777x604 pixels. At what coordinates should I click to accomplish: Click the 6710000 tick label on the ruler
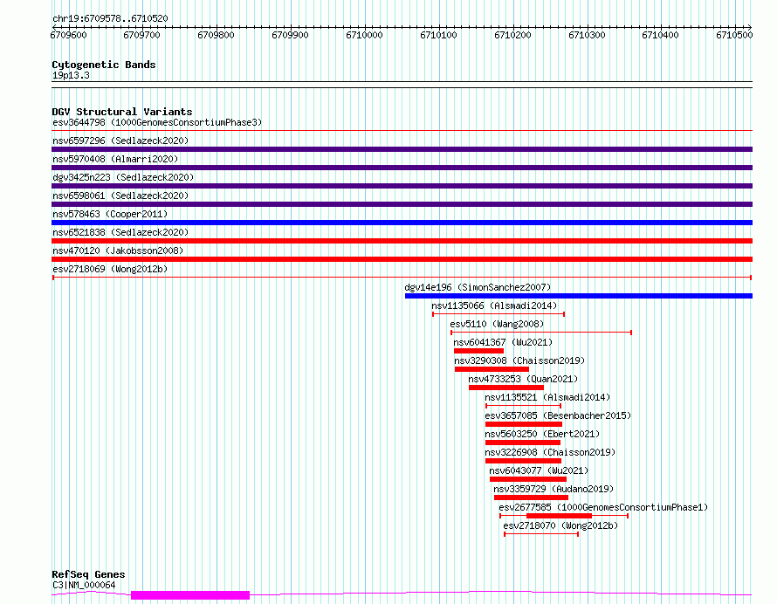[364, 35]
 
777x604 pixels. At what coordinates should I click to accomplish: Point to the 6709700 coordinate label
[141, 35]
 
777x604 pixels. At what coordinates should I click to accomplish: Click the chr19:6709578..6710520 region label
[110, 19]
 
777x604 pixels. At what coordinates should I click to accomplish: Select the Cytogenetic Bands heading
[104, 65]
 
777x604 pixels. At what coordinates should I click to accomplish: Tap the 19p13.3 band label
[71, 75]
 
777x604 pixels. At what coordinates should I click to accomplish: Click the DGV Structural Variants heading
[122, 112]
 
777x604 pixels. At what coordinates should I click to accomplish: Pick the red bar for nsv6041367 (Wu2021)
[478, 351]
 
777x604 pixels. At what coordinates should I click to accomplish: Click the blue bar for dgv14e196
[578, 296]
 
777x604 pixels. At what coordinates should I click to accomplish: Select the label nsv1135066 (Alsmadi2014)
[494, 305]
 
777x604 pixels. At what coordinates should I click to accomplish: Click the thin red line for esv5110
[541, 333]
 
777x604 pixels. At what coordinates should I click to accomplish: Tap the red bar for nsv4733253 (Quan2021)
[506, 388]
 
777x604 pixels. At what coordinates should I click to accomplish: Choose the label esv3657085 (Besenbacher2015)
[558, 415]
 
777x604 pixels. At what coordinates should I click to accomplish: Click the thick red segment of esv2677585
[559, 516]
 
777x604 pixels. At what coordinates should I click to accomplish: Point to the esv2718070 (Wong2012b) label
[560, 525]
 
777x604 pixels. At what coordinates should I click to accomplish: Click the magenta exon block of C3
[190, 595]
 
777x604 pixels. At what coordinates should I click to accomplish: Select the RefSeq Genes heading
[88, 574]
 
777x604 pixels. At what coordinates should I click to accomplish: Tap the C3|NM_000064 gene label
[84, 585]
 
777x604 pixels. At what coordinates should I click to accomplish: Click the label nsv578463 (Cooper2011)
[110, 214]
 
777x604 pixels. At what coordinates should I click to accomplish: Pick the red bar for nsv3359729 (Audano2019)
[531, 498]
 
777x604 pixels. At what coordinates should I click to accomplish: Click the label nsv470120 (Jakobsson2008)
[118, 251]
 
